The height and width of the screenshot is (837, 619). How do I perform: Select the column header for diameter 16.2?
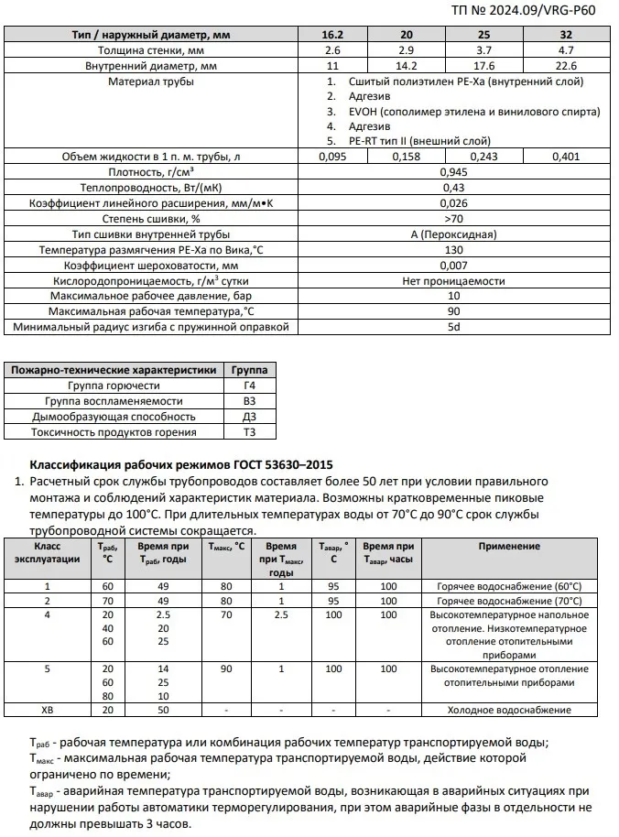click(331, 35)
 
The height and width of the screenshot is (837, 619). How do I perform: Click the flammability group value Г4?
click(249, 386)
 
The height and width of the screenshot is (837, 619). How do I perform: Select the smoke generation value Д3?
click(249, 417)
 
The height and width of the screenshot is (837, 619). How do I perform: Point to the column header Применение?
click(509, 547)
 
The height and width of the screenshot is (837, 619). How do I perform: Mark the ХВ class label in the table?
click(48, 710)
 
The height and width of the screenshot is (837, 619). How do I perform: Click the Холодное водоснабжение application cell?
click(509, 710)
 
